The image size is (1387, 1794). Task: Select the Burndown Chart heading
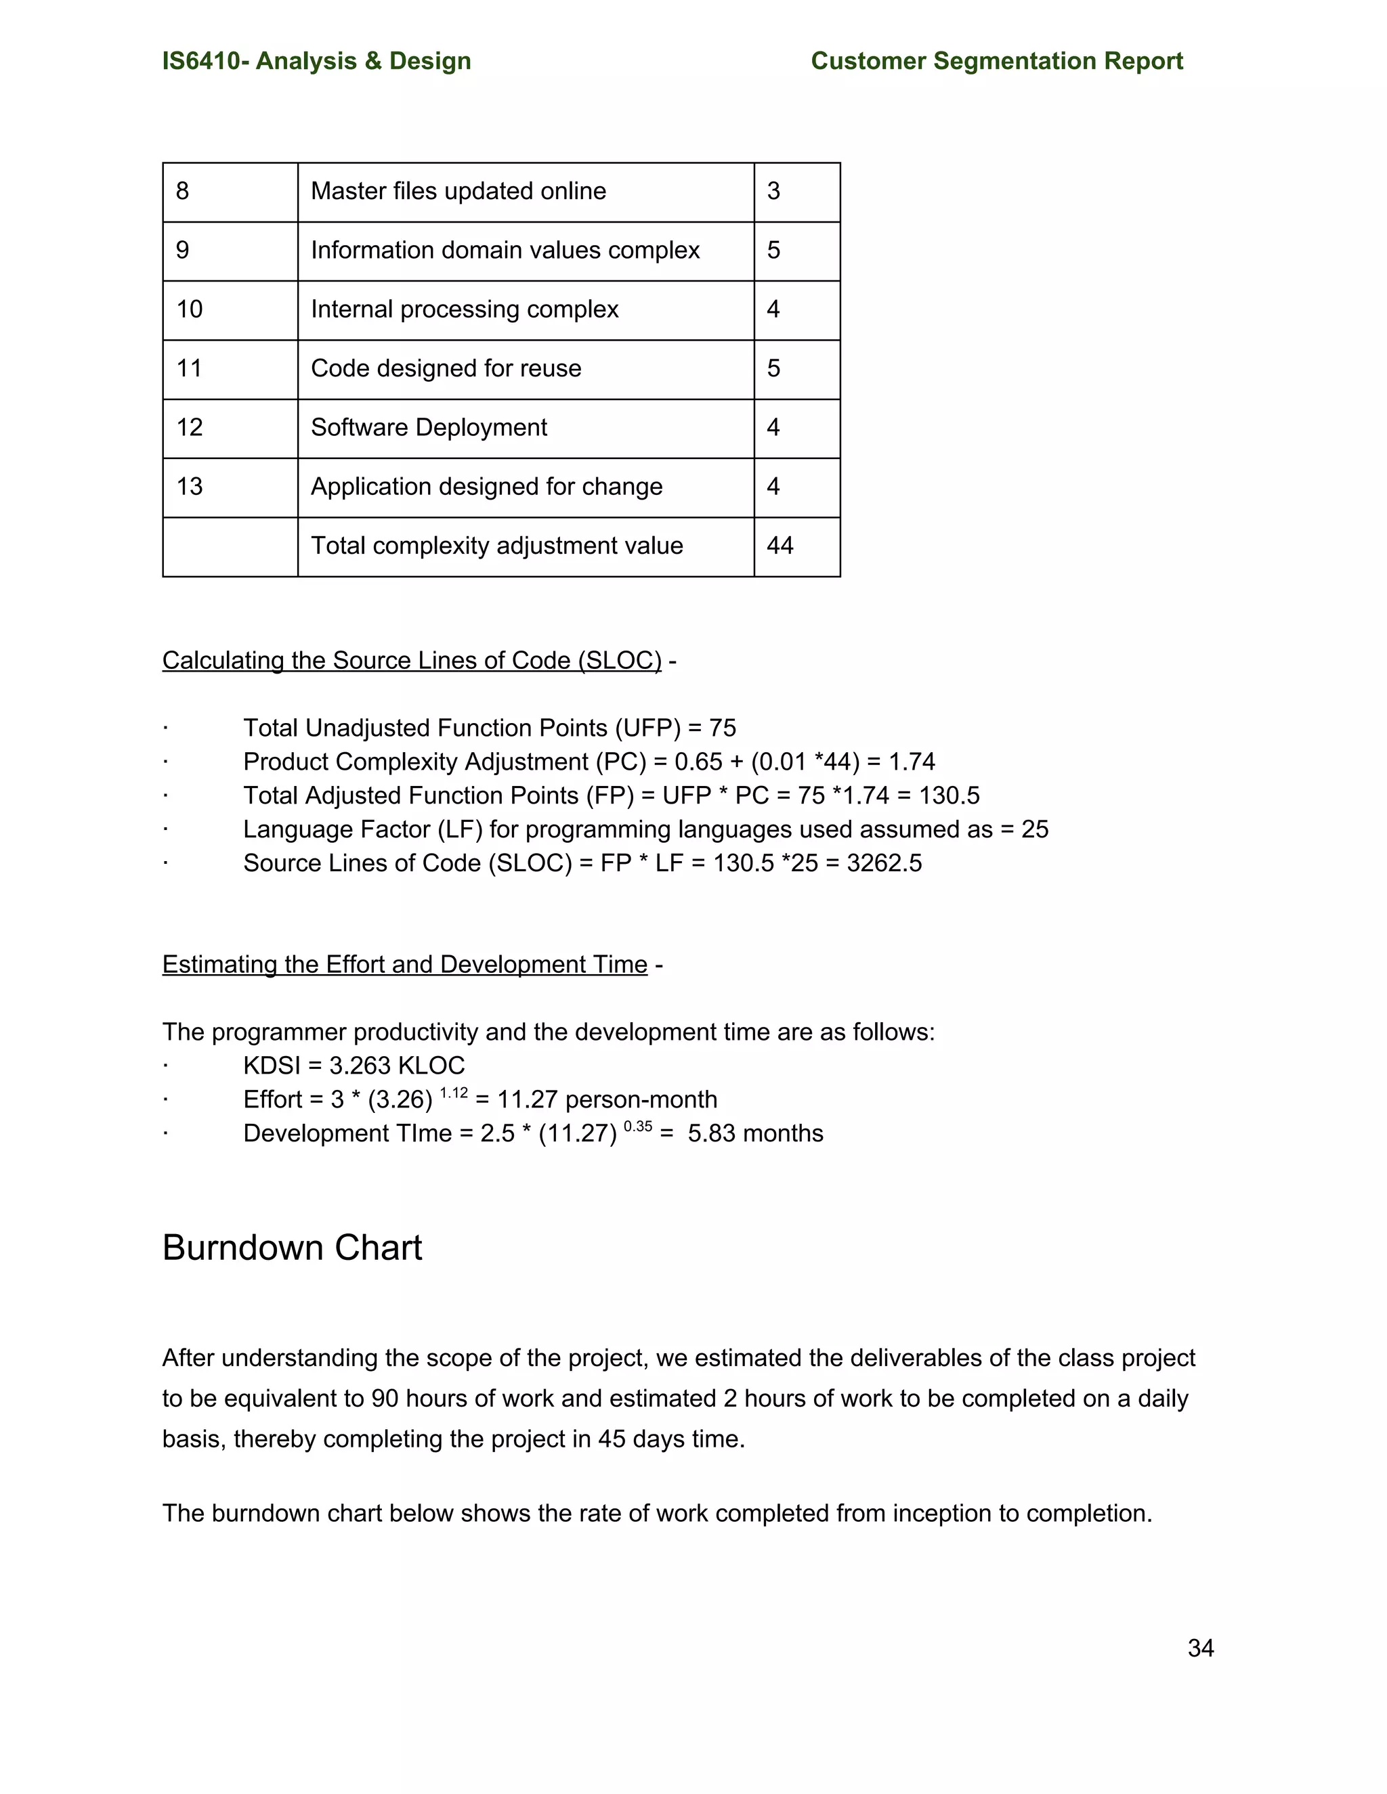(292, 1248)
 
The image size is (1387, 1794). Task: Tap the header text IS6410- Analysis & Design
(316, 61)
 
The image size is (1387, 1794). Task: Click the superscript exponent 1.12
(454, 1093)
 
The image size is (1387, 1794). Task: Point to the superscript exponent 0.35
(637, 1127)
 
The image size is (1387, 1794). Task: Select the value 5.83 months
(755, 1133)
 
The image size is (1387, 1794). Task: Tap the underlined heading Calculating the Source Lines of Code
(411, 661)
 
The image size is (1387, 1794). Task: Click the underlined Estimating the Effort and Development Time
(404, 964)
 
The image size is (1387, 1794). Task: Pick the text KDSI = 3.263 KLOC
(354, 1066)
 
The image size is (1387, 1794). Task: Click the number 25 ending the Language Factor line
(1035, 830)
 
